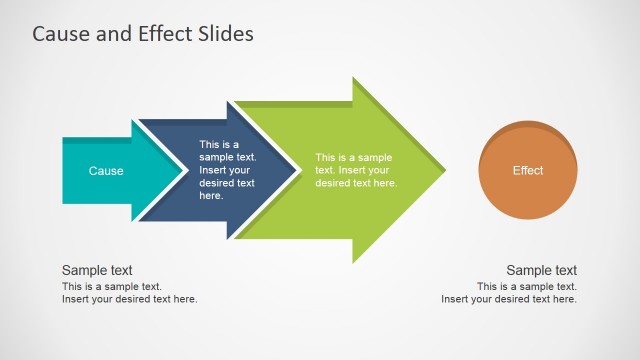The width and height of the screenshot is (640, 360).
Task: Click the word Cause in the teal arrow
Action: pyautogui.click(x=106, y=171)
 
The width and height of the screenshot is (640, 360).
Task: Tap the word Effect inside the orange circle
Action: pyautogui.click(x=528, y=171)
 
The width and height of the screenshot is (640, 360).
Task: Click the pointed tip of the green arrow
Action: pyautogui.click(x=443, y=171)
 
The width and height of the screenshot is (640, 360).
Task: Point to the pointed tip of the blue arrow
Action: pyautogui.click(x=297, y=171)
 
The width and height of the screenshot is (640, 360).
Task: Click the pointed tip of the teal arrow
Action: pyautogui.click(x=184, y=171)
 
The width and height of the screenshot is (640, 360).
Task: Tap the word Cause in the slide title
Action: pyautogui.click(x=62, y=34)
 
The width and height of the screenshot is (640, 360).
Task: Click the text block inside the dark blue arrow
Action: pyautogui.click(x=227, y=170)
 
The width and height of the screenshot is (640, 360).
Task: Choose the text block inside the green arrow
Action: pyautogui.click(x=356, y=170)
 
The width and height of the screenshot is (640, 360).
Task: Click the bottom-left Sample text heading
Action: pyautogui.click(x=97, y=270)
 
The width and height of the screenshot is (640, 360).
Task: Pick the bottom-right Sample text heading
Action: pyautogui.click(x=541, y=270)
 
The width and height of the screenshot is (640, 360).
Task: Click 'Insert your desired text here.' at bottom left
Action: pyautogui.click(x=130, y=299)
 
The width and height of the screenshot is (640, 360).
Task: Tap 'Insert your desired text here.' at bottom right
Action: pyautogui.click(x=509, y=299)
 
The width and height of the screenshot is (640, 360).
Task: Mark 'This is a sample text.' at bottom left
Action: pyautogui.click(x=112, y=287)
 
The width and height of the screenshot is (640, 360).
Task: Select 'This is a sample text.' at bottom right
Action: pyautogui.click(x=527, y=287)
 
